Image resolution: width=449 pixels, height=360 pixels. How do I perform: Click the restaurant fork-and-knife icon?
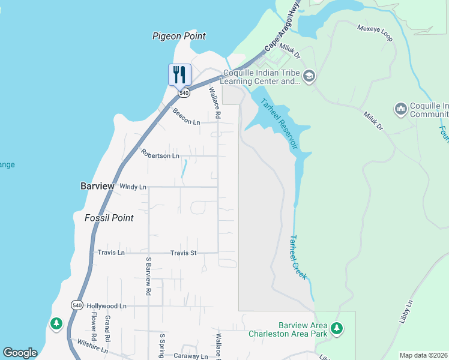pyautogui.click(x=179, y=74)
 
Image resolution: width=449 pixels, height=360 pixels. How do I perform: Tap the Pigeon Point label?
pyautogui.click(x=179, y=36)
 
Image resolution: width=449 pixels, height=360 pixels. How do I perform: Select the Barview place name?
pyautogui.click(x=97, y=186)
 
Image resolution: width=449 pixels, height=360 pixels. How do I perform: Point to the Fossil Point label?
pyautogui.click(x=109, y=218)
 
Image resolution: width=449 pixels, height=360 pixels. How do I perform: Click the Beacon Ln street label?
pyautogui.click(x=186, y=116)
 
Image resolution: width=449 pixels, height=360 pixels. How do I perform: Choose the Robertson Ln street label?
pyautogui.click(x=160, y=155)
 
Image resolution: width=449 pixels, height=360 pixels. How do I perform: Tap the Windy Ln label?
pyautogui.click(x=133, y=187)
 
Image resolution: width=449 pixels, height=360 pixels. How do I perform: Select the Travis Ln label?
pyautogui.click(x=111, y=253)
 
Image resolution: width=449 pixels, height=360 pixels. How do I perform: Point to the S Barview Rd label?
pyautogui.click(x=148, y=276)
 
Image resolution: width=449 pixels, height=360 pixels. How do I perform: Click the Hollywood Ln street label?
pyautogui.click(x=107, y=306)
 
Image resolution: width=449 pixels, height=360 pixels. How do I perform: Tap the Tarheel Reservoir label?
pyautogui.click(x=280, y=124)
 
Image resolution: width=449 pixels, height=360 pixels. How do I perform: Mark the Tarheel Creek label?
pyautogui.click(x=298, y=257)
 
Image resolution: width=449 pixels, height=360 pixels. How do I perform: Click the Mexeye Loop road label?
pyautogui.click(x=375, y=33)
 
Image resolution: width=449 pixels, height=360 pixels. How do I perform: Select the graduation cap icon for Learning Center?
pyautogui.click(x=309, y=76)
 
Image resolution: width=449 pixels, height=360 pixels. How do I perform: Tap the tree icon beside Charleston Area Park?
pyautogui.click(x=337, y=328)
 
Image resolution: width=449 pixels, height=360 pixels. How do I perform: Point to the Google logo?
pyautogui.click(x=20, y=353)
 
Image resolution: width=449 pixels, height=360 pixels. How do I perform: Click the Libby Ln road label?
pyautogui.click(x=406, y=311)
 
